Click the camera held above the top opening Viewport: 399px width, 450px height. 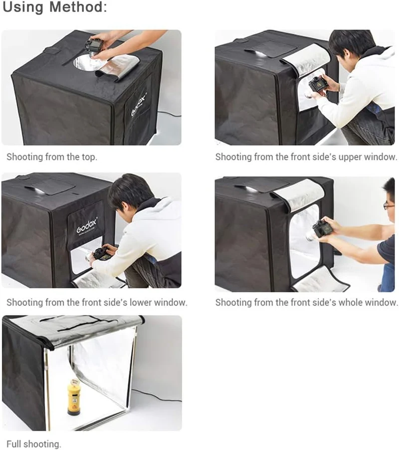click(x=94, y=46)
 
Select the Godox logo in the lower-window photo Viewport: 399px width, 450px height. click(x=87, y=226)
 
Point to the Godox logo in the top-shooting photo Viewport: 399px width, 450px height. click(x=139, y=104)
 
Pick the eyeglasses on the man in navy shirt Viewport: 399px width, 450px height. click(x=388, y=205)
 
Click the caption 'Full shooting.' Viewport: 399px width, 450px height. click(x=34, y=444)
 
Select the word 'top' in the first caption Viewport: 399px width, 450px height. click(x=88, y=157)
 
